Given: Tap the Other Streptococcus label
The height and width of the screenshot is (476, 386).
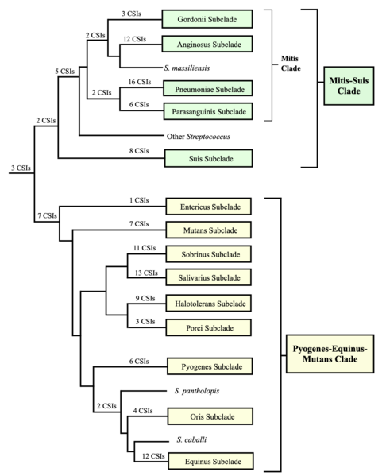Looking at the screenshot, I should coord(199,136).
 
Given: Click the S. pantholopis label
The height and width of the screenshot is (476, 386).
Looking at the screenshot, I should coord(196,390).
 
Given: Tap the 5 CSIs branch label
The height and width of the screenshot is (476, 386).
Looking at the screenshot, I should coord(65,72).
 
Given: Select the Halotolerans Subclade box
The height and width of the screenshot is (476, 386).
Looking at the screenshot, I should coord(208,304).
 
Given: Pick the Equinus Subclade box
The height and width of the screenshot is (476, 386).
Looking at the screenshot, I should coord(208,462).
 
